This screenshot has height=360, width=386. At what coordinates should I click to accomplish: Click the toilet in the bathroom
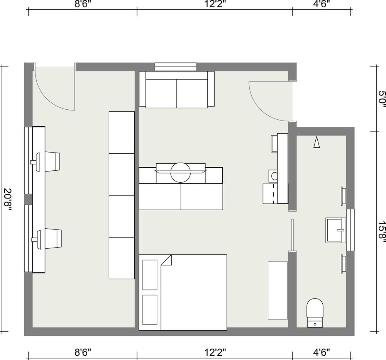315,313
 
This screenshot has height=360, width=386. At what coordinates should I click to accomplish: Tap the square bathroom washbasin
336,230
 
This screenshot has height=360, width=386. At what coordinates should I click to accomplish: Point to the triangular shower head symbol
317,143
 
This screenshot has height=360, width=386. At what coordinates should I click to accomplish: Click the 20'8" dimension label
7,199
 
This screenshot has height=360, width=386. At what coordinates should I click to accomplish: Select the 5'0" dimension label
382,99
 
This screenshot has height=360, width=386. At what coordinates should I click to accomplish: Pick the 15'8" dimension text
382,230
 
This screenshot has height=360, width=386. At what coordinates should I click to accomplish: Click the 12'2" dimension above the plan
215,4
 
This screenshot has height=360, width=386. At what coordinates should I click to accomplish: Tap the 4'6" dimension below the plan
322,352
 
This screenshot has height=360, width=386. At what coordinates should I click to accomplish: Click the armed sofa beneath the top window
176,90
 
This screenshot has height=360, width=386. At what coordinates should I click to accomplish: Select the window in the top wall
176,67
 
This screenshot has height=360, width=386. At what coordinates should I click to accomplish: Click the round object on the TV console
180,173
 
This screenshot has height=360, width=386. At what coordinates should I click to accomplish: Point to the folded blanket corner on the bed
166,260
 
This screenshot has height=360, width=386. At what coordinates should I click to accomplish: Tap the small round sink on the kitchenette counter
274,176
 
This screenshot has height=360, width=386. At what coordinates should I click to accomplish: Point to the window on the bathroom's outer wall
350,230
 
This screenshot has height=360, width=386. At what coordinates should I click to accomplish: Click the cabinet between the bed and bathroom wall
278,290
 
